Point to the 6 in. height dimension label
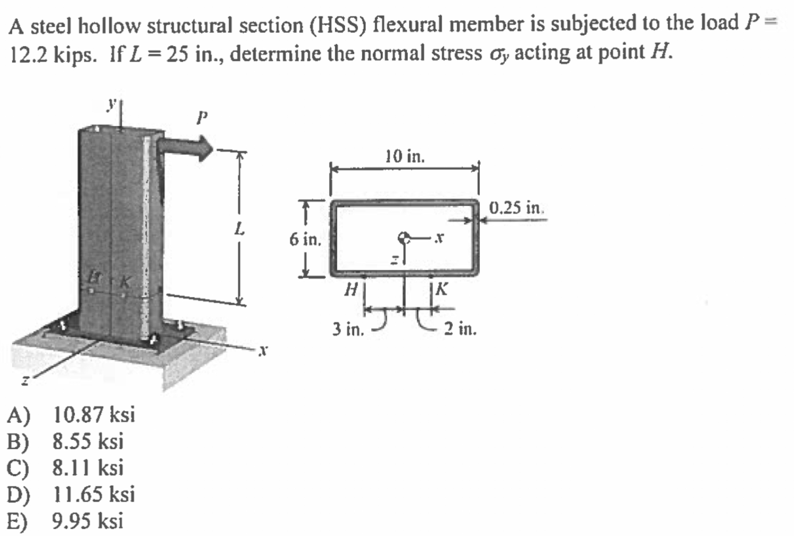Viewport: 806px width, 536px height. pyautogui.click(x=305, y=240)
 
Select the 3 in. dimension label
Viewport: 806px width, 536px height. pyautogui.click(x=348, y=328)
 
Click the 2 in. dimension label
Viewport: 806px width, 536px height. pyautogui.click(x=460, y=328)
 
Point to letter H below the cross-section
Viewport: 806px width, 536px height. pyautogui.click(x=350, y=290)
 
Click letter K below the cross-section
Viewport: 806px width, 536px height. pyautogui.click(x=442, y=289)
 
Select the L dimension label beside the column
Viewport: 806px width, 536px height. pyautogui.click(x=239, y=229)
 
